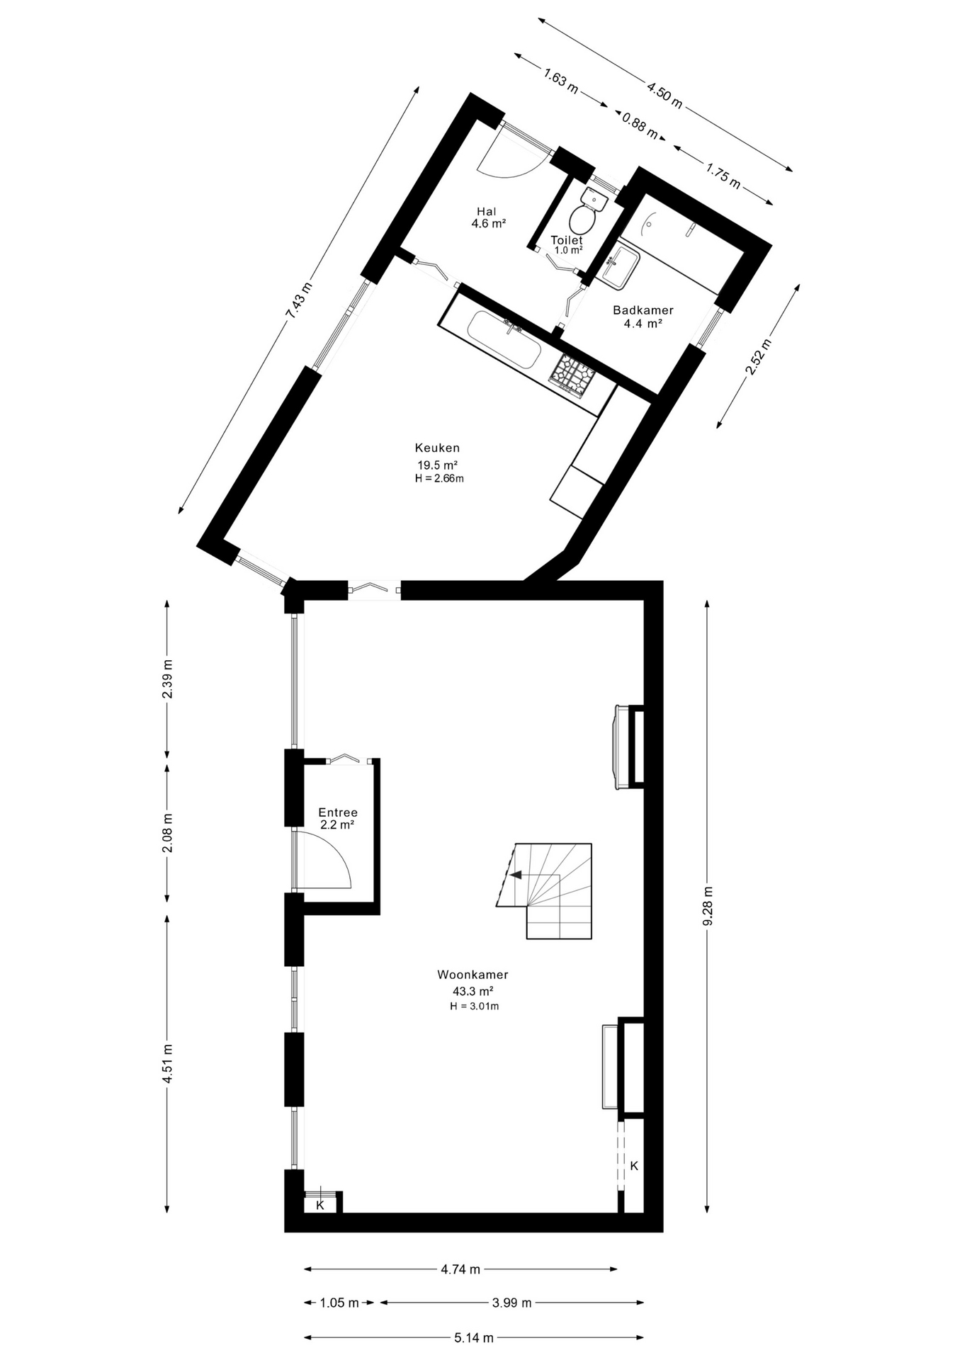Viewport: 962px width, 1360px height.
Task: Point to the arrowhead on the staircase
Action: [516, 875]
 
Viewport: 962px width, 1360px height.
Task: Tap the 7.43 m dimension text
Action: [298, 302]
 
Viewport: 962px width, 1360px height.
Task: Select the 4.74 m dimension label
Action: [460, 1269]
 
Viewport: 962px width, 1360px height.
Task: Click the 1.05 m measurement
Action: [339, 1303]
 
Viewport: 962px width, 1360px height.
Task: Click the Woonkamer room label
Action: [472, 975]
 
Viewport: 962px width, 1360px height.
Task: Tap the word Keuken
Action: [437, 448]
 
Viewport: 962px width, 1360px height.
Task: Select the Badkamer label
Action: [643, 310]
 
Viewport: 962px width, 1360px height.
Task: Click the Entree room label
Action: [338, 812]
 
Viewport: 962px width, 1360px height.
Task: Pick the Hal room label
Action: [486, 211]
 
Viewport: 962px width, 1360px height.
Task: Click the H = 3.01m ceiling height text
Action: [474, 1006]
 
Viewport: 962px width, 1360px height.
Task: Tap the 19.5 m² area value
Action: [437, 465]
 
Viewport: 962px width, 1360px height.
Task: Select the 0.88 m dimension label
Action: [640, 127]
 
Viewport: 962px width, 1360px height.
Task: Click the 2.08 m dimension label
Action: [167, 833]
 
